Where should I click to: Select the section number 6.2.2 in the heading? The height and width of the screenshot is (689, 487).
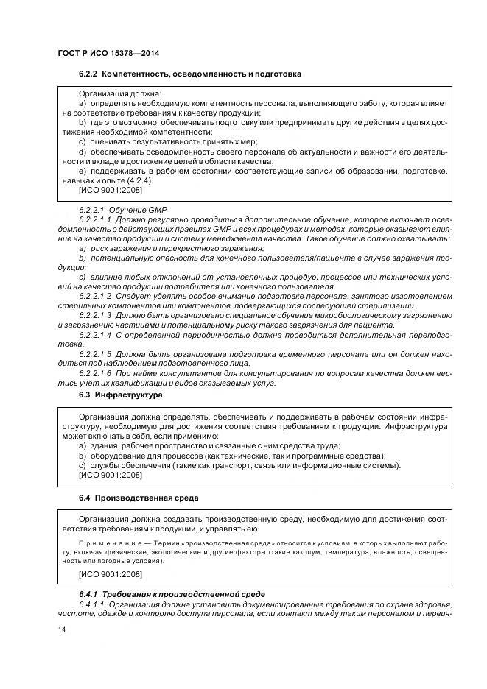coord(88,75)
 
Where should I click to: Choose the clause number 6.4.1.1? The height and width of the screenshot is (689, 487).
coord(91,603)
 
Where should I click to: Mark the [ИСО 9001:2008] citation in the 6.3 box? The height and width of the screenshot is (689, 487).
coord(110,476)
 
